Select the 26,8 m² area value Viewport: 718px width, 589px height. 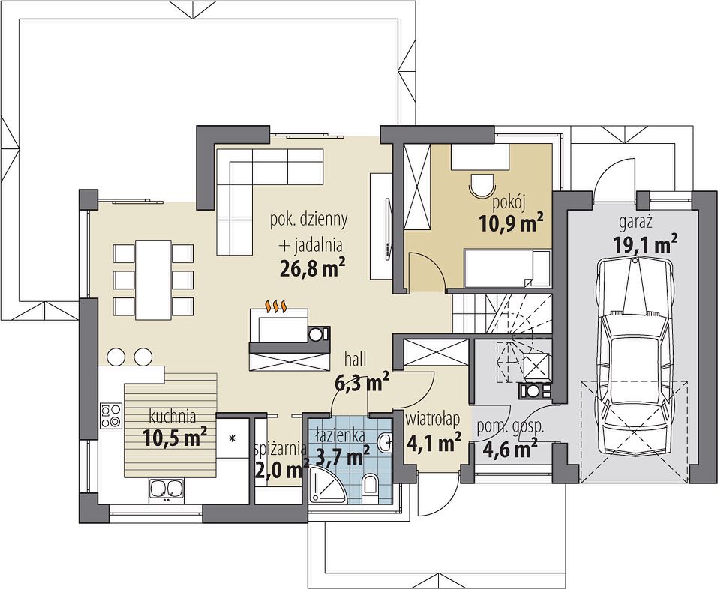[312, 269]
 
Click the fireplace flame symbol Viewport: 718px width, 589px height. [277, 306]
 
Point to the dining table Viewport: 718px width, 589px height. [153, 280]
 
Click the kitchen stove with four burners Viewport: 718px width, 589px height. [111, 416]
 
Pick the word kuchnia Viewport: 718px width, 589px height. [173, 417]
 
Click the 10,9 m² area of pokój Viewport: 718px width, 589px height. [511, 223]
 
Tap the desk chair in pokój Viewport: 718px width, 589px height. [482, 186]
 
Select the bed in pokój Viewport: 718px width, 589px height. [507, 268]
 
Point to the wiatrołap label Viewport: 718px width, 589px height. [433, 417]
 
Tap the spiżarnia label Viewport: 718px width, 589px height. [280, 450]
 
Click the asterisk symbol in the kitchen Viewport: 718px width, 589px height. [232, 438]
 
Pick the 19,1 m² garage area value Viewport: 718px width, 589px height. [645, 244]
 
